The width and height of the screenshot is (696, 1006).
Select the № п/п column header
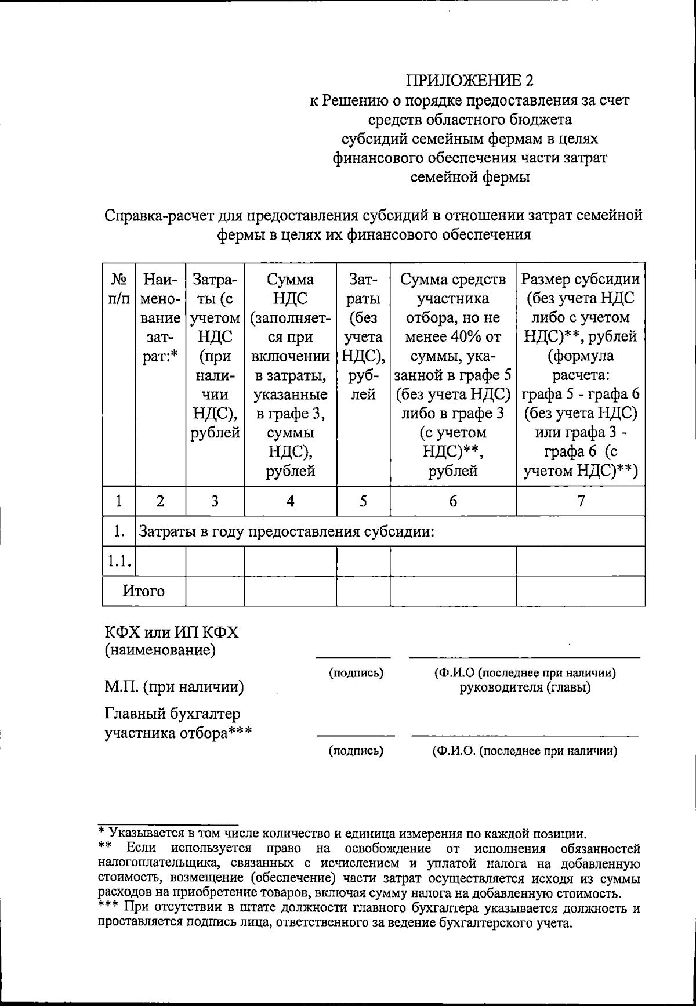tap(118, 289)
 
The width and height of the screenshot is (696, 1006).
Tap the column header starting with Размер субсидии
tap(581, 280)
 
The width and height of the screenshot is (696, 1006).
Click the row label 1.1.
tap(118, 561)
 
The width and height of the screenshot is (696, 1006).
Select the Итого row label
tap(144, 591)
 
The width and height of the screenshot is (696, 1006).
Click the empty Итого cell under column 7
tap(581, 591)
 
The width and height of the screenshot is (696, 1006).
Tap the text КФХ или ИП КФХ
tap(172, 632)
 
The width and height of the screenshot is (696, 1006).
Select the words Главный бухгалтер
tap(172, 714)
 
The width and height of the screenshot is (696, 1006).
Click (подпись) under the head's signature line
tap(356, 673)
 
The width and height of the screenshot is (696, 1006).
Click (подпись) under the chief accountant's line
tap(356, 751)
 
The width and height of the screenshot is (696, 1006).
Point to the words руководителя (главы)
tap(525, 688)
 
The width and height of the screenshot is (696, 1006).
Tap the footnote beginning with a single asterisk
tap(342, 835)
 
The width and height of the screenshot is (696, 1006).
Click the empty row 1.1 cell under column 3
tap(215, 561)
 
